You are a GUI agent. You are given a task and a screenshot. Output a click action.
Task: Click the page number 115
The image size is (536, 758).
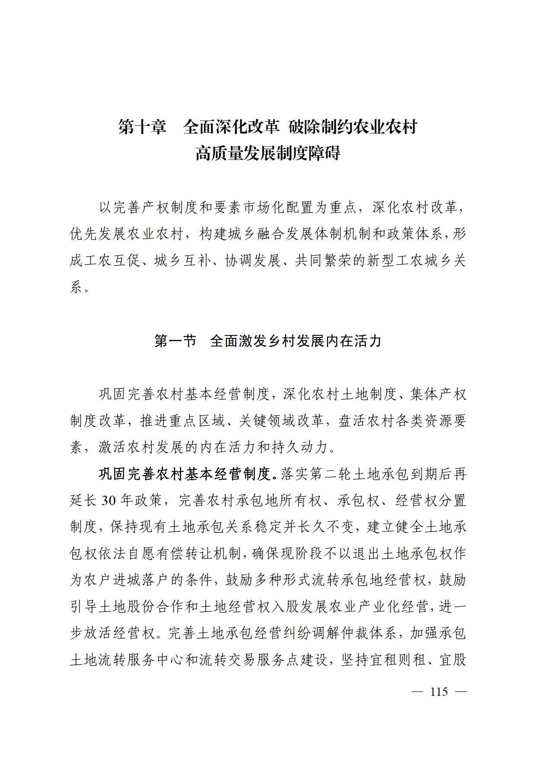pos(439,691)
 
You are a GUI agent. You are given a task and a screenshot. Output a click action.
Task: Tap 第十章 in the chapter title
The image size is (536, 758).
pos(142,127)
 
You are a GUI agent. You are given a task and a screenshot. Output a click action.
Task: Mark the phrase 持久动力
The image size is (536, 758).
pos(300,447)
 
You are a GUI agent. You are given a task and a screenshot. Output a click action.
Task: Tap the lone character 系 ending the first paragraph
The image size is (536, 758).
pos(76,287)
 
